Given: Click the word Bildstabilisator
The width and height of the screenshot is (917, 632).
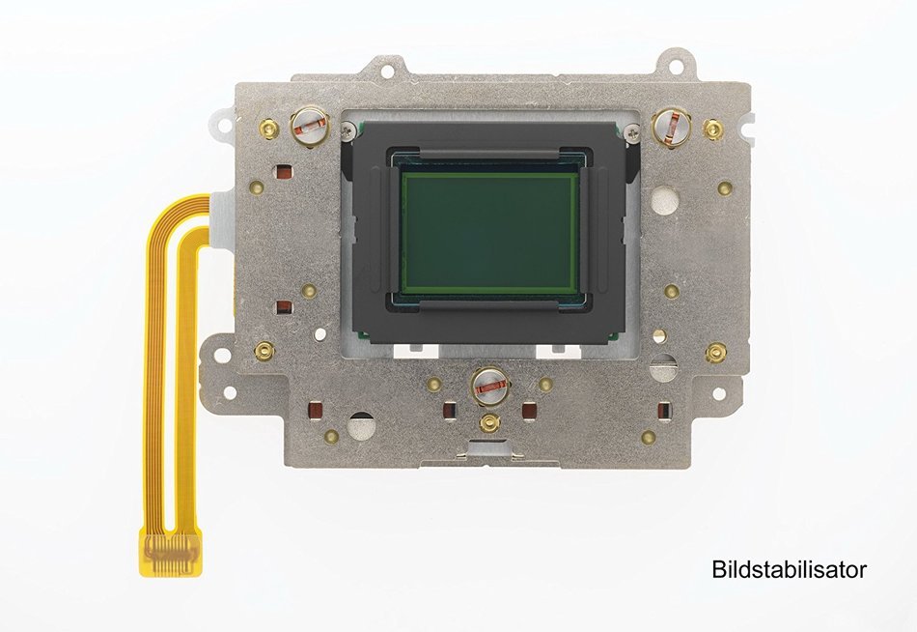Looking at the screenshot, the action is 789,569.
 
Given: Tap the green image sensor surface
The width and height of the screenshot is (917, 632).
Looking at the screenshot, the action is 487,234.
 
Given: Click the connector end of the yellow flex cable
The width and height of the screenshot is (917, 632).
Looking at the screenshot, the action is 173,552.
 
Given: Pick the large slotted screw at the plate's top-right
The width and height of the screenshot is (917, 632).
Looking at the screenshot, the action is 671,126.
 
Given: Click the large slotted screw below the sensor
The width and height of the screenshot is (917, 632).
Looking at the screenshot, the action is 489,386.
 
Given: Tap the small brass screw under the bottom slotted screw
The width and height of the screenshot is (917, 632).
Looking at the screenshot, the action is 489,422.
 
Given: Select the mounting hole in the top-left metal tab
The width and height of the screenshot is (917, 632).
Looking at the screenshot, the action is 386,71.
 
